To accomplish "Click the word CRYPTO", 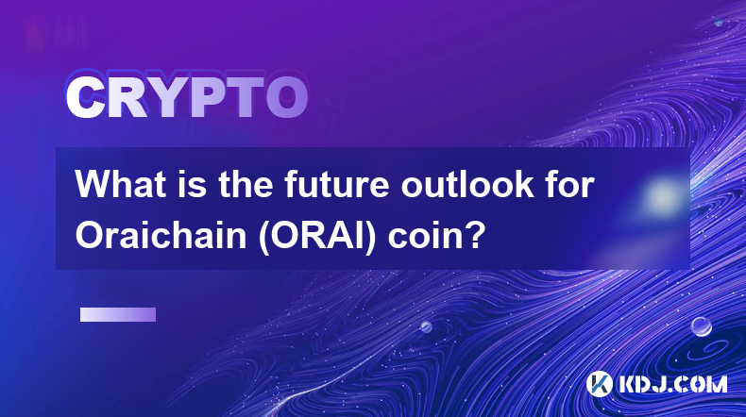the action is coord(187,97).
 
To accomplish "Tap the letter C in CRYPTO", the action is coord(85,97).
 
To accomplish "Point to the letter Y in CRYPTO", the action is coord(168,97).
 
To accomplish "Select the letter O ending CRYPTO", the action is coord(287,97).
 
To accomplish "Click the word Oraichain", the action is coord(161,235).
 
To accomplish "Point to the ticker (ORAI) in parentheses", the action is coord(317,236).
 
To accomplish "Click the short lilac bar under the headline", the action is coord(118,315).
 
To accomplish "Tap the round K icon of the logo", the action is coord(599,384).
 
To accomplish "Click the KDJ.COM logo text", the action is coord(672,384).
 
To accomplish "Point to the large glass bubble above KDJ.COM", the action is coord(702,326).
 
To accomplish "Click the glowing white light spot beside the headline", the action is coord(662,196).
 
